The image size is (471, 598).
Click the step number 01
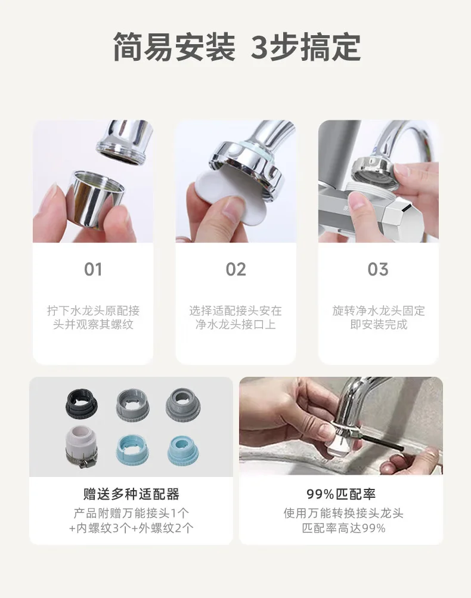[x=93, y=269]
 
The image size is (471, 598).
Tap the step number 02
[x=235, y=269]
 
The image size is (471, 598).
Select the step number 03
[x=378, y=269]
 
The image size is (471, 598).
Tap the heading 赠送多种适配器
[x=131, y=494]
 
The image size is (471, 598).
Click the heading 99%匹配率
[x=341, y=494]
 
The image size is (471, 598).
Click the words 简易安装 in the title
[x=174, y=47]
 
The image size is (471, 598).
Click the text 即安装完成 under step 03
[x=379, y=324]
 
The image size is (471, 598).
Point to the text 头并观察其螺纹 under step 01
[x=93, y=324]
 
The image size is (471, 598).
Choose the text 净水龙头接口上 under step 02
[x=235, y=324]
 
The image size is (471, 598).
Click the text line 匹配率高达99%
[x=343, y=528]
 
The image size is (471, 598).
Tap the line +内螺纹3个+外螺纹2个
[x=131, y=528]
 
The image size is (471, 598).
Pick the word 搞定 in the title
[x=330, y=47]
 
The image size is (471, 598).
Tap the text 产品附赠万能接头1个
[x=131, y=513]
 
